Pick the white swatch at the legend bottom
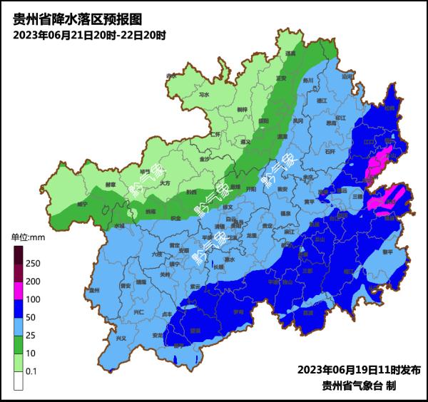(x=18, y=382)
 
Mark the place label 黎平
(x=388, y=252)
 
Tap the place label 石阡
(x=329, y=151)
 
